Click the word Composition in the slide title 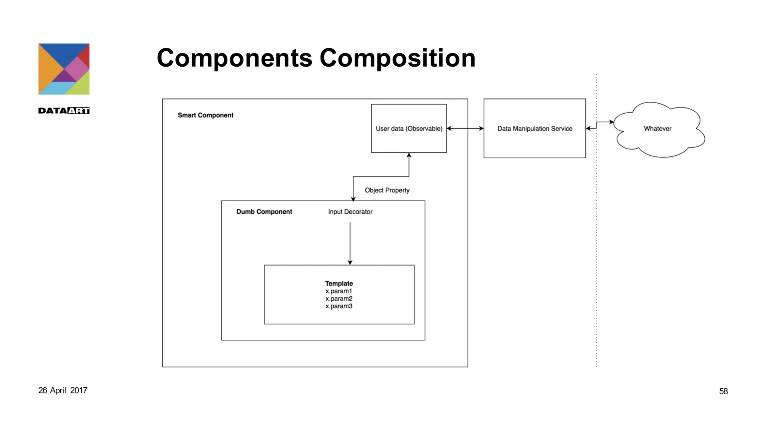(x=397, y=58)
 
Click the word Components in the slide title (x=235, y=58)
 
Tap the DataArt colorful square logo (x=64, y=69)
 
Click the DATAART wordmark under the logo (x=64, y=111)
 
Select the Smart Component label (x=205, y=115)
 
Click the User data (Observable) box (x=409, y=128)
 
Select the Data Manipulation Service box (x=534, y=128)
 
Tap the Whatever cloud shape (x=658, y=129)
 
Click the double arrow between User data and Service (x=465, y=128)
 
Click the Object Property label (x=387, y=190)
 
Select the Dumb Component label (x=264, y=212)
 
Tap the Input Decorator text (x=350, y=212)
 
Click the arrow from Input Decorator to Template (x=350, y=243)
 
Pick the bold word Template (x=339, y=284)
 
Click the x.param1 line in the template (x=339, y=291)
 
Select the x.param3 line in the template (x=339, y=306)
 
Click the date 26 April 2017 (x=63, y=391)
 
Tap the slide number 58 (x=723, y=391)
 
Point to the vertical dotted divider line (x=596, y=243)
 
